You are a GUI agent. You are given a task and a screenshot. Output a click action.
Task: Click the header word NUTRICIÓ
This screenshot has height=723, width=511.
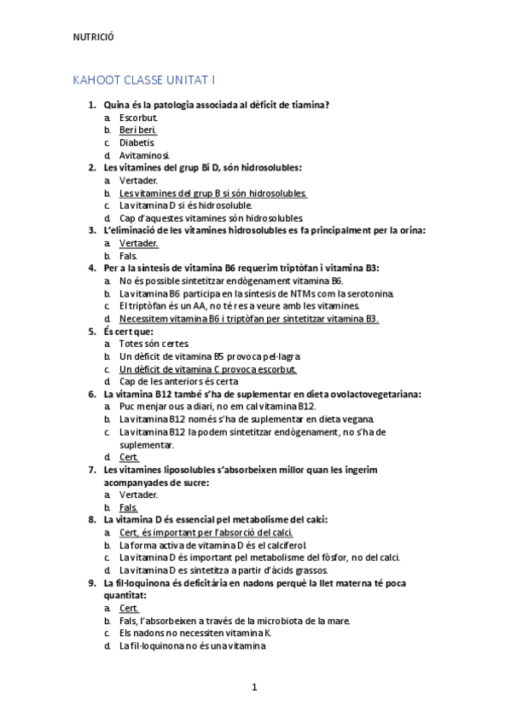click(94, 37)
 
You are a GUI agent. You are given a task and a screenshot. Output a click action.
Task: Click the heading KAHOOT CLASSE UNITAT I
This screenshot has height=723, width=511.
click(145, 80)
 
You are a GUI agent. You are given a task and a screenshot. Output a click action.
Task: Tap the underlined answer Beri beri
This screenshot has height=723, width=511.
click(138, 130)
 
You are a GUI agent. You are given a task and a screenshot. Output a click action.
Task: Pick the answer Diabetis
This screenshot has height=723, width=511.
click(137, 142)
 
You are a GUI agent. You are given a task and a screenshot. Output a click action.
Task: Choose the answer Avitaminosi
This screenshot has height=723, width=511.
click(144, 155)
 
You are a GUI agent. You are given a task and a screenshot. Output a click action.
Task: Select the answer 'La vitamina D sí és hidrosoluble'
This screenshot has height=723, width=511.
click(186, 205)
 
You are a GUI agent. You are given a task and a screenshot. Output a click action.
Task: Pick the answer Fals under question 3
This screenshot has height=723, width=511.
click(129, 255)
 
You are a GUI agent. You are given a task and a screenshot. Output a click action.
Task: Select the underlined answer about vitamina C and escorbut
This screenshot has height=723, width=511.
click(208, 369)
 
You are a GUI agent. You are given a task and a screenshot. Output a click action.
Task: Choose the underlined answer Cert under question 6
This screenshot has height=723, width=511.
click(129, 457)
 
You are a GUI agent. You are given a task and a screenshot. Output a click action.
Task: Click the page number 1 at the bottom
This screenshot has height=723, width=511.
click(254, 686)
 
